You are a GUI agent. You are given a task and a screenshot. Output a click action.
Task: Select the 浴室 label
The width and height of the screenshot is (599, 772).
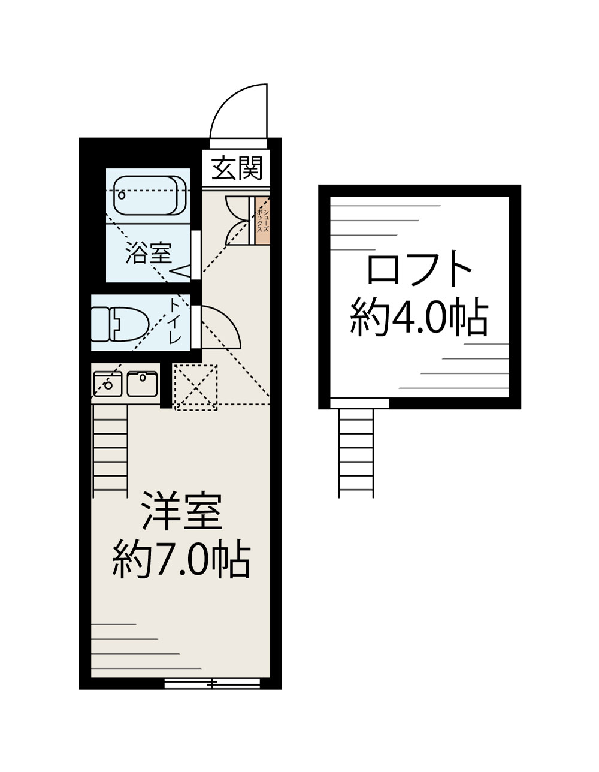(x=149, y=254)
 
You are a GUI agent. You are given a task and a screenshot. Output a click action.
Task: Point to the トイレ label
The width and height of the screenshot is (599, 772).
(x=176, y=321)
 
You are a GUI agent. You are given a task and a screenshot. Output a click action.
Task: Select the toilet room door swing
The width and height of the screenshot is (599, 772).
(x=219, y=327)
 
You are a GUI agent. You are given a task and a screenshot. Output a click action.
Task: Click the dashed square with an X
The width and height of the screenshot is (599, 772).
(x=195, y=388)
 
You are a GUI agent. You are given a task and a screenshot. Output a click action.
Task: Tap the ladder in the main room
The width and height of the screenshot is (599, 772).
(x=111, y=450)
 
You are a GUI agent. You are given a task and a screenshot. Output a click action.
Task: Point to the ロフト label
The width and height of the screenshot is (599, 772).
(x=419, y=270)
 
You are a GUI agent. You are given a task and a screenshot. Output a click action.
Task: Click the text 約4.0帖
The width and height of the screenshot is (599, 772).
(x=419, y=316)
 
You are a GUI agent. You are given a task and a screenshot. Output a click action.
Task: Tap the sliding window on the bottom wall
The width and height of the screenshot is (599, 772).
(x=212, y=683)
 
